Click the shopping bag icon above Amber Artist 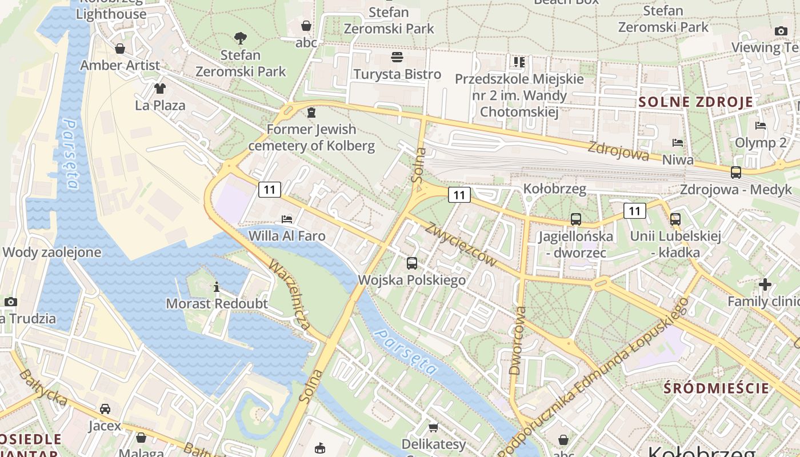[x=120, y=49]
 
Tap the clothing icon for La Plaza [x=159, y=89]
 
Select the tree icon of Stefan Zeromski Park [x=241, y=38]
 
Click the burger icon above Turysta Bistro [x=397, y=57]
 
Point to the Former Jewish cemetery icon [x=311, y=113]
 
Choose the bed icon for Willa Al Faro [x=287, y=219]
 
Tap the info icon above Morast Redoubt [x=217, y=287]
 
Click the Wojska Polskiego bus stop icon [x=412, y=263]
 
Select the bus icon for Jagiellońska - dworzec [x=575, y=219]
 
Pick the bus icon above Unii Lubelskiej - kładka [x=675, y=219]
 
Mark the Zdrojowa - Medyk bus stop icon [x=736, y=173]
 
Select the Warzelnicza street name [x=290, y=296]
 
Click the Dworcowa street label [x=517, y=340]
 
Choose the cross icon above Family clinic [x=765, y=284]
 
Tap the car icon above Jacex [x=105, y=409]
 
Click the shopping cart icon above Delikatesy [x=434, y=427]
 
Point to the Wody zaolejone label [x=51, y=252]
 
